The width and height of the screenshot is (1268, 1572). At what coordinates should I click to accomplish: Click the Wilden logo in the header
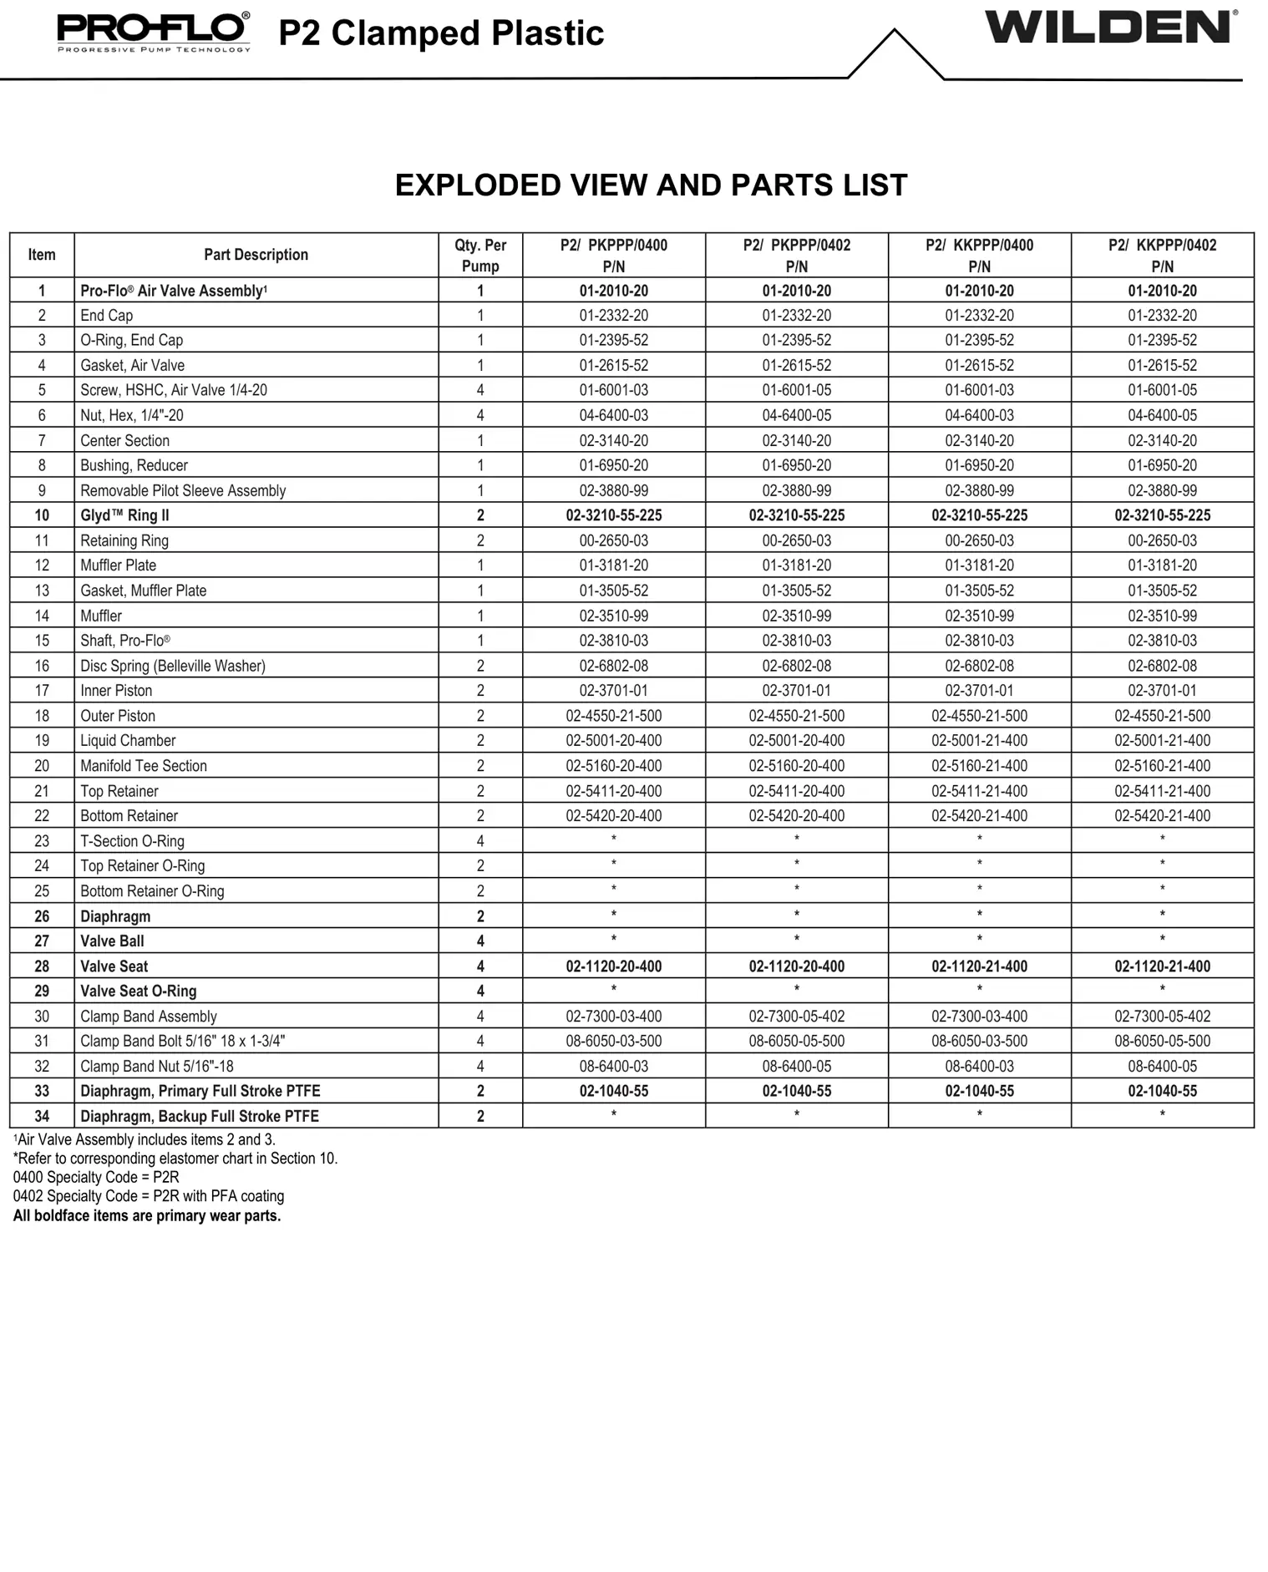[1109, 28]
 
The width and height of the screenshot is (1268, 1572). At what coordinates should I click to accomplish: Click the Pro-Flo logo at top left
[154, 32]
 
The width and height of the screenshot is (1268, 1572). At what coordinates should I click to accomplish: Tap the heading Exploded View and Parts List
[651, 185]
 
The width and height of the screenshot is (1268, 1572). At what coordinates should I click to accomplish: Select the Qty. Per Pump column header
[480, 256]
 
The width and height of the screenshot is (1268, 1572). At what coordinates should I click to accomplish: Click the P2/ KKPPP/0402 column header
[1162, 256]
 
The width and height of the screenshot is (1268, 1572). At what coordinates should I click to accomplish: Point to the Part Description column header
[256, 255]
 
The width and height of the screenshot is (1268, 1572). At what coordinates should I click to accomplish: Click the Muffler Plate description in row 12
[118, 565]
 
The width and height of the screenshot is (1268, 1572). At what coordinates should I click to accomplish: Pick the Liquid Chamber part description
[128, 741]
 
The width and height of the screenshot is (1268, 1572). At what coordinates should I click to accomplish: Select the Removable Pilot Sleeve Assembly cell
[183, 490]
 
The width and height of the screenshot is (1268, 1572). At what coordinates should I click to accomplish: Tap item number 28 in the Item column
[42, 966]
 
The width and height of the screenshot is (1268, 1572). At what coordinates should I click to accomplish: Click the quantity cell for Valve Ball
[480, 941]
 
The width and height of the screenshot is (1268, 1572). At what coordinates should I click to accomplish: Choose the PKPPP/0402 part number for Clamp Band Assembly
[796, 1017]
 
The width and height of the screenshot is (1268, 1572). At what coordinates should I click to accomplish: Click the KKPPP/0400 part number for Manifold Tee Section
[979, 766]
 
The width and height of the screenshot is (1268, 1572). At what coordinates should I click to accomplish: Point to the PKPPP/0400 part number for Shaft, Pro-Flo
[613, 641]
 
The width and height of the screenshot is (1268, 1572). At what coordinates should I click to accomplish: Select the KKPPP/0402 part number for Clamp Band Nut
[1162, 1067]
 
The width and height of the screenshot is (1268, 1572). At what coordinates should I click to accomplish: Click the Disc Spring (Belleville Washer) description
[173, 666]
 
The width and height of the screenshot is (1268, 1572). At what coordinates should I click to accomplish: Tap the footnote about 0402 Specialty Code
[149, 1196]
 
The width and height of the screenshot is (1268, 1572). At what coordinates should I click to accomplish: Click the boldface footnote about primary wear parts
[147, 1215]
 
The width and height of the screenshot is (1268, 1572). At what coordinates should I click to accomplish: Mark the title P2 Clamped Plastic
[441, 33]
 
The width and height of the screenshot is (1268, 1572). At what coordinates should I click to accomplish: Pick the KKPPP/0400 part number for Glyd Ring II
[979, 515]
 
